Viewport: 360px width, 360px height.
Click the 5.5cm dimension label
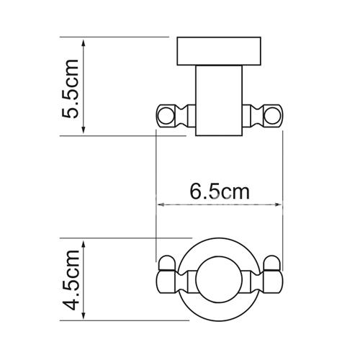click(x=70, y=89)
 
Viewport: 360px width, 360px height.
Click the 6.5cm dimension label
click(x=220, y=192)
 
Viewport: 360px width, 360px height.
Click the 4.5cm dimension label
click(x=70, y=280)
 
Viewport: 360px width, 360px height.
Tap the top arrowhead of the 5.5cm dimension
click(x=84, y=43)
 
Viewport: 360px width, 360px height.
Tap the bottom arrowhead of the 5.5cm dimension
click(x=84, y=130)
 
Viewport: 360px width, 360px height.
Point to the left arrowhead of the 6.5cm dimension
click(x=161, y=204)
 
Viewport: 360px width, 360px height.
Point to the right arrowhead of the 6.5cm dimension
click(x=278, y=204)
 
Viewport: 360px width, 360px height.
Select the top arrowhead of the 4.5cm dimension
click(x=84, y=244)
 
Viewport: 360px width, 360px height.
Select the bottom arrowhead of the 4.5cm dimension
click(x=84, y=315)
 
